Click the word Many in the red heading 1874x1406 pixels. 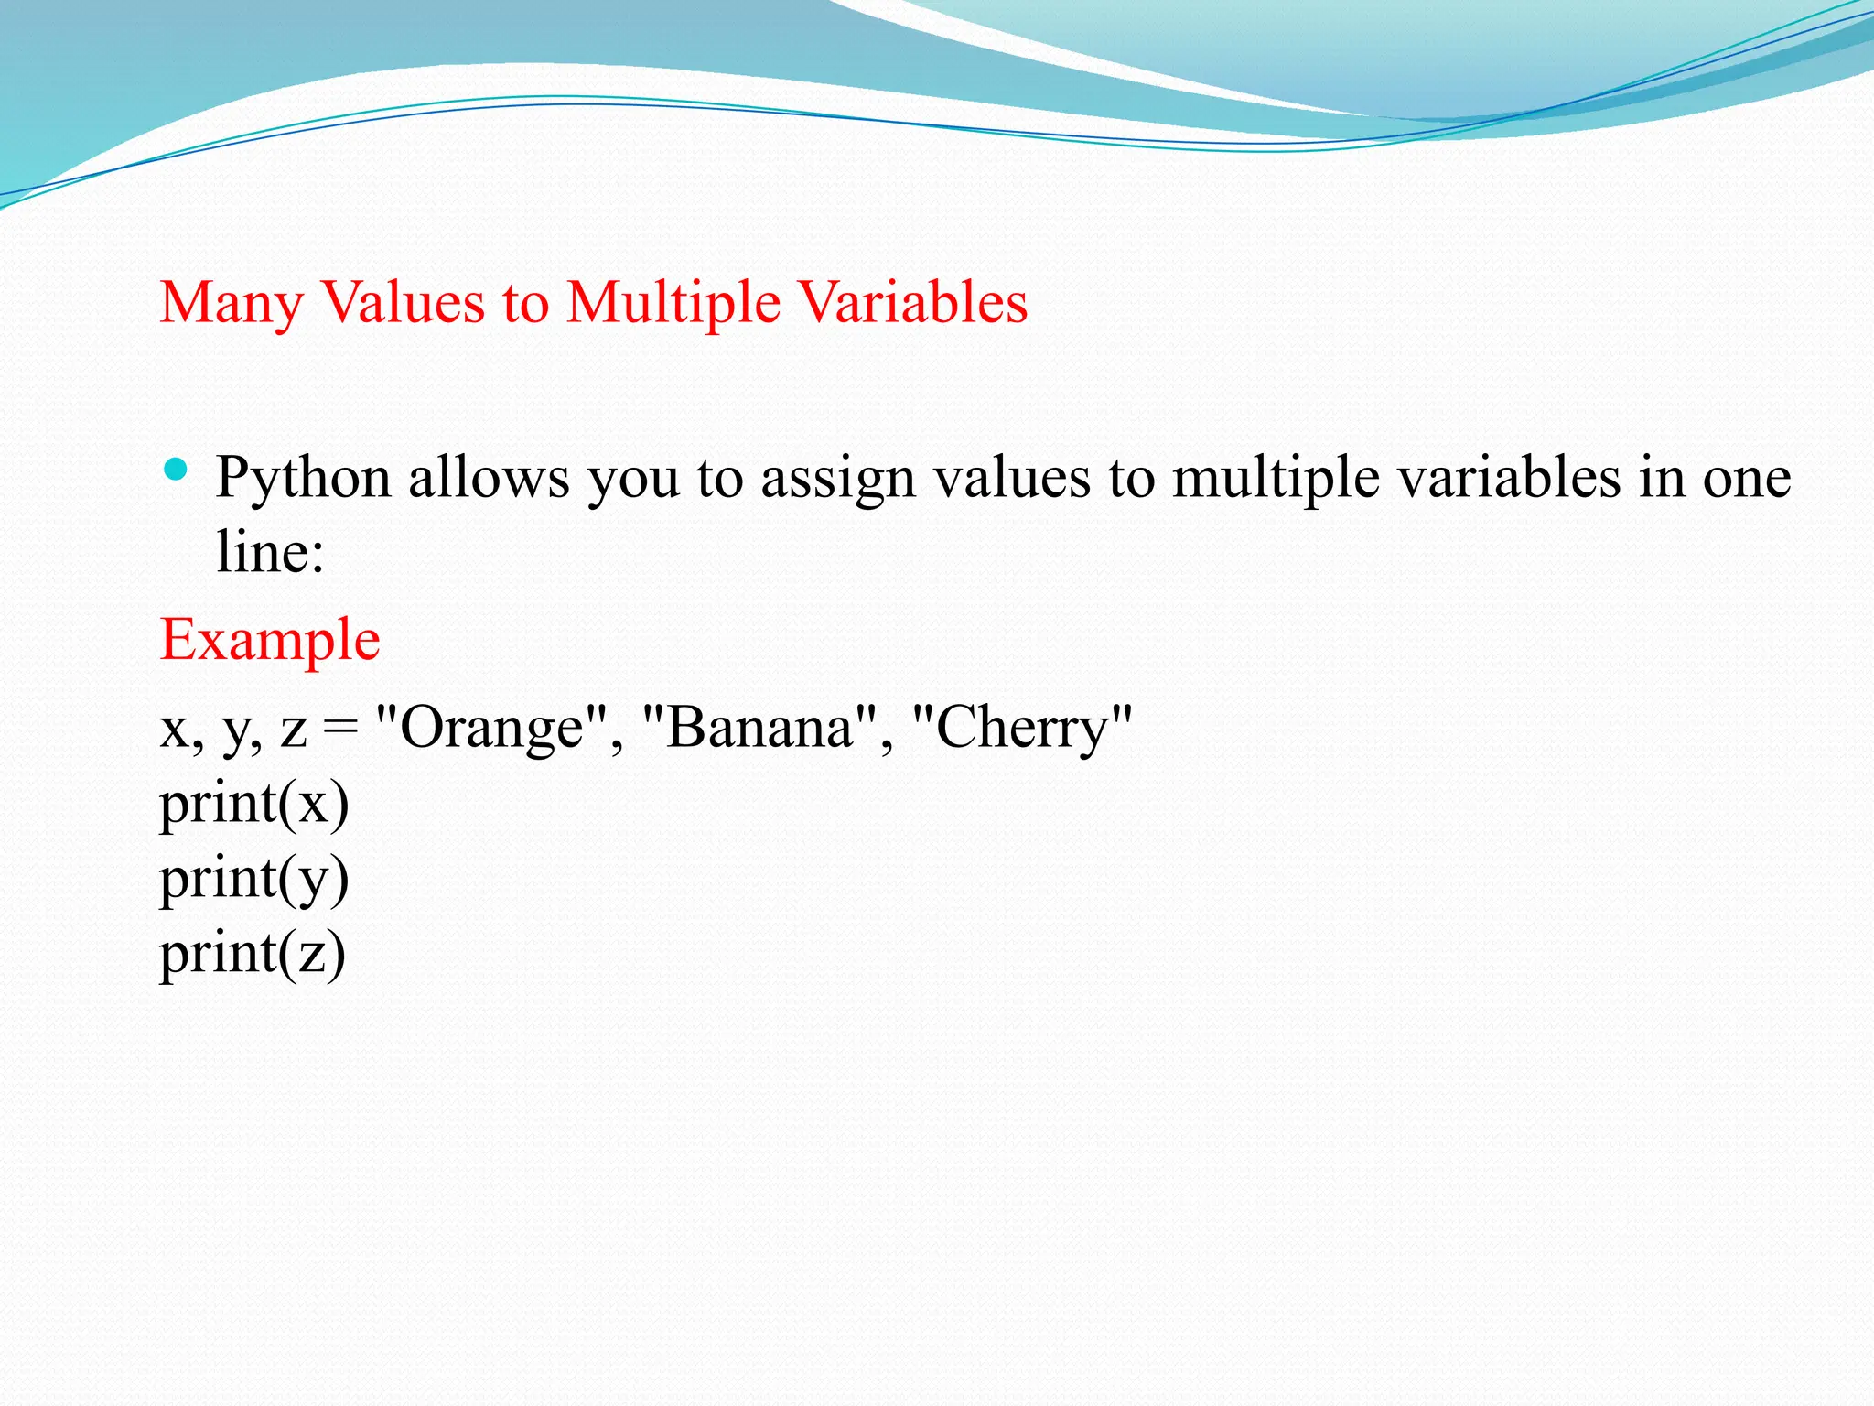point(231,303)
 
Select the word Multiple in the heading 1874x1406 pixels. point(673,303)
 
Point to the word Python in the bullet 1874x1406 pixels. point(304,479)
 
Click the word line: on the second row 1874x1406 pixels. point(270,552)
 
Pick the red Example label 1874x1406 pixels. point(270,640)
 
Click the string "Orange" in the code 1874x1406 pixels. point(492,729)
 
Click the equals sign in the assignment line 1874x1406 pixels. point(340,730)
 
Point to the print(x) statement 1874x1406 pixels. point(253,805)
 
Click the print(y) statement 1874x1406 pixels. point(253,880)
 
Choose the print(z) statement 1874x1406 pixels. point(253,954)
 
